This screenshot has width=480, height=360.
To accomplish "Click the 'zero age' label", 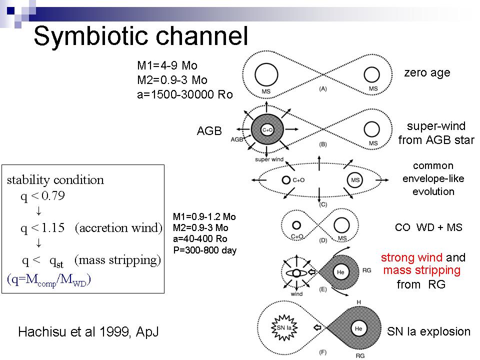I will coord(427,73).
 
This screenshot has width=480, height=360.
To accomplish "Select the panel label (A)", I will coord(322,89).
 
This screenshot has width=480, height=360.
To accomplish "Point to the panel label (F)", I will coord(322,352).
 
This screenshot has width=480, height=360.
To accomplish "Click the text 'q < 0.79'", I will coord(42,196).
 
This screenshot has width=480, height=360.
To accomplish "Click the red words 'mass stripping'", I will coord(421,270).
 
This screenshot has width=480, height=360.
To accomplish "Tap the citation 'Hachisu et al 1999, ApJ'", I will coord(88,332).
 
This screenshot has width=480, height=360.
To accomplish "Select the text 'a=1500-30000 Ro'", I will coord(185,94).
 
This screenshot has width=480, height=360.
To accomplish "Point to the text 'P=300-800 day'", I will coord(204,250).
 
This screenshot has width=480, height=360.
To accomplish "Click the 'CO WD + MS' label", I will coord(428,228).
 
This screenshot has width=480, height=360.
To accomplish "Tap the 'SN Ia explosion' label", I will coord(429,331).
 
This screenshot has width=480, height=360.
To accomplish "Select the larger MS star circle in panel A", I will coord(266,75).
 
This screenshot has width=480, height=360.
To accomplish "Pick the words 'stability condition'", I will coord(55,180).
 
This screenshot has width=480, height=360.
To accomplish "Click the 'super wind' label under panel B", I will coord(269,159).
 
